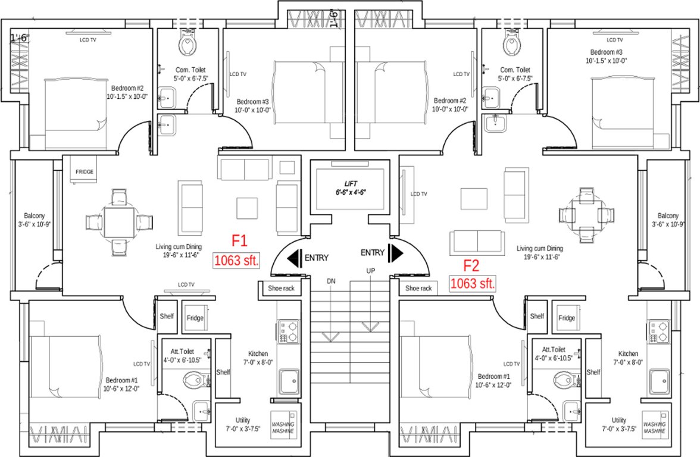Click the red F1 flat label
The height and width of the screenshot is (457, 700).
(239, 241)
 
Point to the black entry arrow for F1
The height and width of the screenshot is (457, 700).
(295, 258)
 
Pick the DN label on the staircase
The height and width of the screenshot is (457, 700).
(331, 280)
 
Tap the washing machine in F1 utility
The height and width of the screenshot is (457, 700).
(284, 424)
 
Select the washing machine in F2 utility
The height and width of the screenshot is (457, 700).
(654, 424)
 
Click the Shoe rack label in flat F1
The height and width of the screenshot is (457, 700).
(276, 289)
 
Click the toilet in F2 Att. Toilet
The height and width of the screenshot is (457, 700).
(561, 379)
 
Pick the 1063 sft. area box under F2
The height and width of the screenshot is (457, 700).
(473, 284)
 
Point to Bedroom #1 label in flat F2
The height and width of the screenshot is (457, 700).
(493, 381)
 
